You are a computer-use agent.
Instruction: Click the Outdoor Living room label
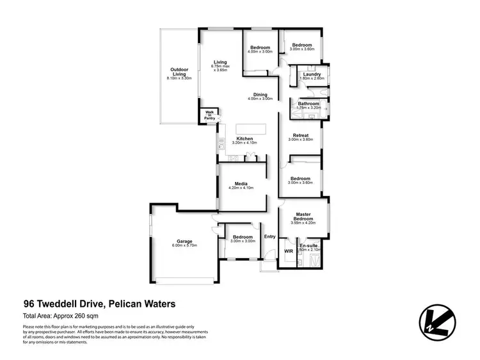pos(179,72)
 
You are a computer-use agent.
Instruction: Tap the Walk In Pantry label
pos(209,116)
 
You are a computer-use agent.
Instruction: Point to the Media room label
pos(241,183)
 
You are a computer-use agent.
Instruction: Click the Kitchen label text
pos(244,138)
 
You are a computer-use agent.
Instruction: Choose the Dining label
pos(260,95)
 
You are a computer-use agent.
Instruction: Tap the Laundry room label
pos(312,74)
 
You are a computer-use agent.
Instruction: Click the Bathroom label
pos(308,103)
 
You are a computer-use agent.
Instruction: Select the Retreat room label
pos(300,135)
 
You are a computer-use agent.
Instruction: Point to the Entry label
pos(269,236)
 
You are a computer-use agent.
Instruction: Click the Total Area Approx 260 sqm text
pos(61,316)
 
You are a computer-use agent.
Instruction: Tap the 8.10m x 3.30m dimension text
pos(179,78)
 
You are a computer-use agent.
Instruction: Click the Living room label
pos(220,62)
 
